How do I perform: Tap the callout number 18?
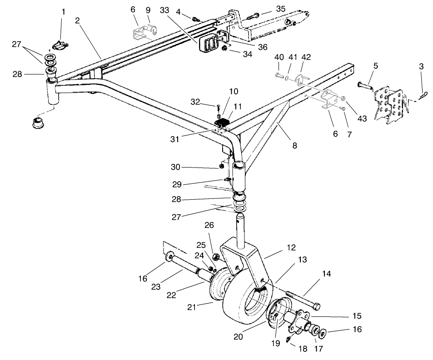(302, 348)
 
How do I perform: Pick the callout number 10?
(233, 91)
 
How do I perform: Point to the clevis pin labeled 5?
(364, 85)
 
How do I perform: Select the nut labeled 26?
(216, 258)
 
